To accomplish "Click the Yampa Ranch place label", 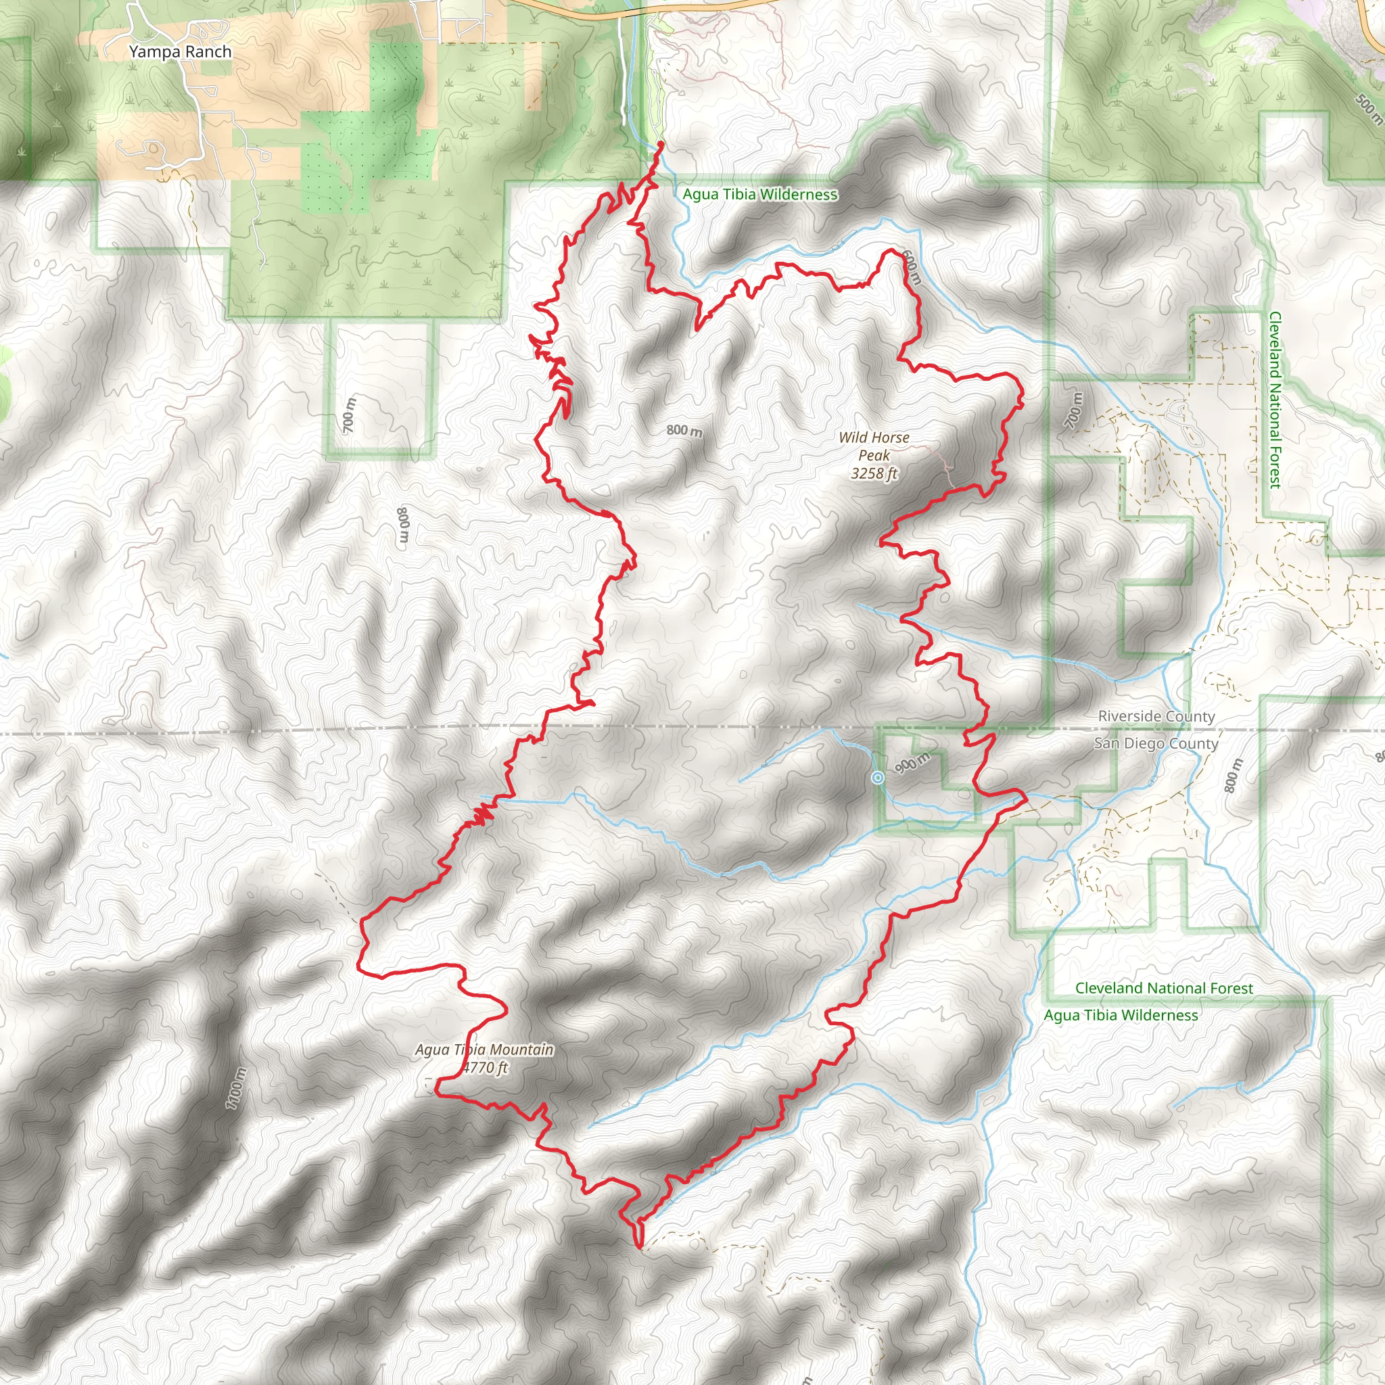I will click(180, 51).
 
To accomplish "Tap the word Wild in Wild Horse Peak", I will click(853, 438).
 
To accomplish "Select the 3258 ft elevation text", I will click(874, 473).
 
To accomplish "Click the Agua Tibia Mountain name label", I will click(485, 1050).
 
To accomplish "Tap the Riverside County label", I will click(1156, 716).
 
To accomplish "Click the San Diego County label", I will click(1156, 743).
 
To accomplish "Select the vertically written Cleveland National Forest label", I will click(1275, 400).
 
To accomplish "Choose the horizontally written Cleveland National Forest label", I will click(1163, 988).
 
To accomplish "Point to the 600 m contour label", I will click(910, 267).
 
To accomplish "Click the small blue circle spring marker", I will click(877, 778).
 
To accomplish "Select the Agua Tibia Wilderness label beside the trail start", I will click(760, 194).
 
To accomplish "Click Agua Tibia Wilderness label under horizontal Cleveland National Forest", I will click(1121, 1015).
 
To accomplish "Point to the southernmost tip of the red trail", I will click(638, 1246).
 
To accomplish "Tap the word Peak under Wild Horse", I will click(874, 455).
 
